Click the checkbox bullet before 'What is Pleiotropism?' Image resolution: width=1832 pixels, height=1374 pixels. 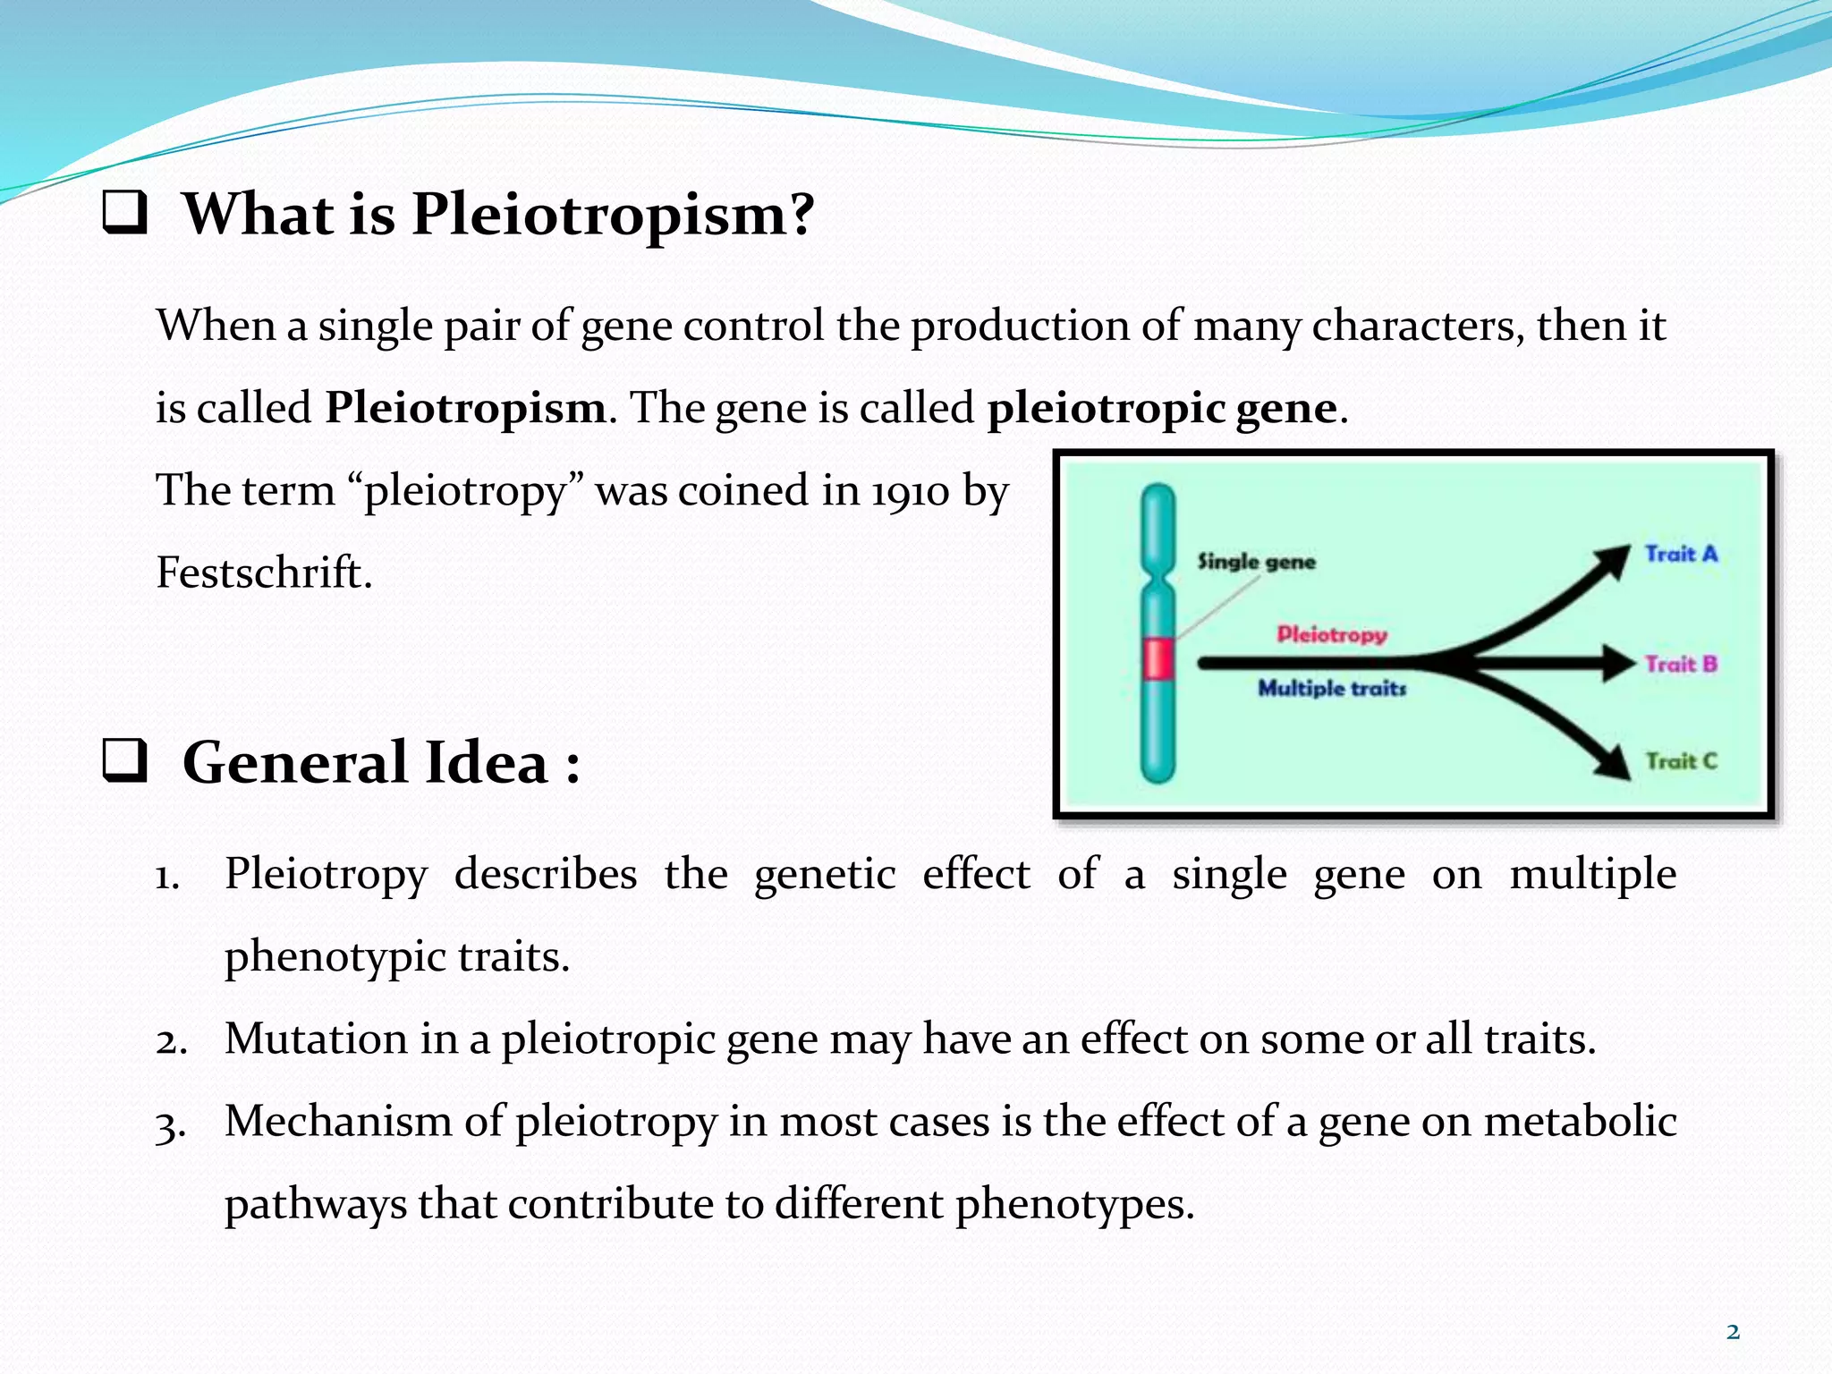click(x=124, y=215)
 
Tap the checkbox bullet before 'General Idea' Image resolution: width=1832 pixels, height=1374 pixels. click(x=124, y=763)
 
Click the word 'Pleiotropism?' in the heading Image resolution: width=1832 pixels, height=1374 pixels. click(x=613, y=216)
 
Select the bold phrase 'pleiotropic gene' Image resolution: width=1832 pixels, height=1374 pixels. click(x=1162, y=409)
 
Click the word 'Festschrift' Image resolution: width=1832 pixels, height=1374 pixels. click(x=262, y=572)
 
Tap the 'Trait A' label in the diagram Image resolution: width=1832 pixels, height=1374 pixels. click(x=1681, y=554)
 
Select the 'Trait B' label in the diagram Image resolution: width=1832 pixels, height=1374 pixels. click(x=1681, y=664)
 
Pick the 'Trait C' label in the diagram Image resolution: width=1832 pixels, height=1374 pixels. click(x=1681, y=761)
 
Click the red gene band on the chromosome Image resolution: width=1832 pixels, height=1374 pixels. click(x=1158, y=659)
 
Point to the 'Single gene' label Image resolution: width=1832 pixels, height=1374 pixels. click(x=1256, y=562)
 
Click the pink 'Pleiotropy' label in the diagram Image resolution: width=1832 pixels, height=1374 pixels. click(x=1331, y=634)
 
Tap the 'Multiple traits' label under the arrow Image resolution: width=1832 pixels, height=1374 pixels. click(x=1331, y=688)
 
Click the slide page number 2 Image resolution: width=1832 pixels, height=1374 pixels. click(x=1733, y=1332)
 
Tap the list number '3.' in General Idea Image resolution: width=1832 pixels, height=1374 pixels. click(x=170, y=1124)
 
